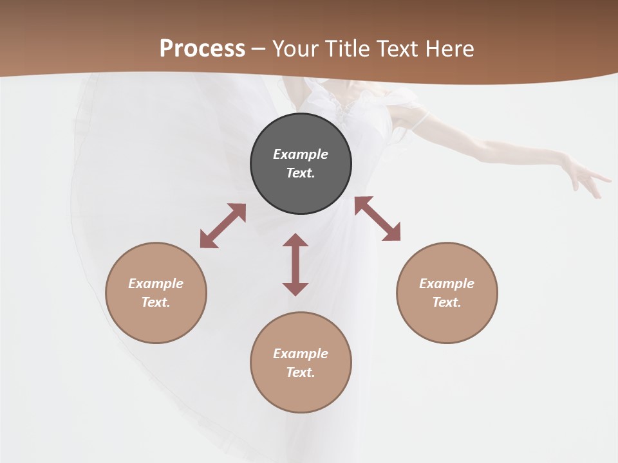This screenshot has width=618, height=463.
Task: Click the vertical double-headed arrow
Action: [295, 264]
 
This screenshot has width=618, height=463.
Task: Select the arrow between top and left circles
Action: [223, 226]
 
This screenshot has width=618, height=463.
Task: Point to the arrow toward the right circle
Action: [377, 219]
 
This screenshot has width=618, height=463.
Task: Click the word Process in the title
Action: [202, 49]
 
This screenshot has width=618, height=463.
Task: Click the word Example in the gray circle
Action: [301, 154]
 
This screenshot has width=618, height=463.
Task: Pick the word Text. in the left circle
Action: [156, 302]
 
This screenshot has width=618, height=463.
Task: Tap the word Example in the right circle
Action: [447, 284]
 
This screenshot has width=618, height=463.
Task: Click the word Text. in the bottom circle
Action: [301, 372]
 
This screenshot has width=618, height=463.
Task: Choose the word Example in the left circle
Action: [156, 284]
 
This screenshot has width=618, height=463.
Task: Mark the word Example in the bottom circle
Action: [301, 354]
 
